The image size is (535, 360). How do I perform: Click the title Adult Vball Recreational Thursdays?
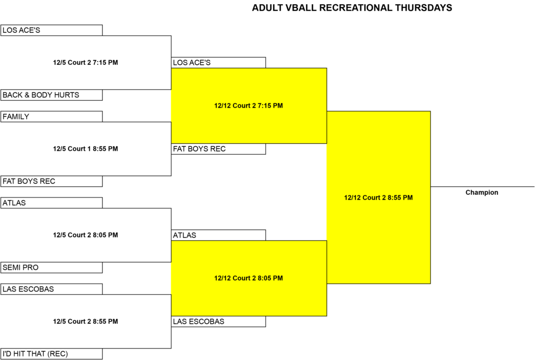pos(352,8)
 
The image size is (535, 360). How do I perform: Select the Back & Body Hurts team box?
pos(52,95)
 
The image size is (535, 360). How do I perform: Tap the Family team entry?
pos(52,117)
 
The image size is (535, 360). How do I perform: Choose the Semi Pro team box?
pos(52,268)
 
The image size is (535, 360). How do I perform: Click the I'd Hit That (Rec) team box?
pos(52,354)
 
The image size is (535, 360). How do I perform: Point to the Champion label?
pos(482,192)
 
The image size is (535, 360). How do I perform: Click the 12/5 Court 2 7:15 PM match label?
pos(85,63)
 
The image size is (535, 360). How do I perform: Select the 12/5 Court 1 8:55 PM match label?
pos(85,149)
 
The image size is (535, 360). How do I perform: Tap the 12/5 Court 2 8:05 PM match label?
pos(85,235)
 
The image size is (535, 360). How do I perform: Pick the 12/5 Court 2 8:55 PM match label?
pos(85,321)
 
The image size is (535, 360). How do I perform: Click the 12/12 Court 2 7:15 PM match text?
pos(248,106)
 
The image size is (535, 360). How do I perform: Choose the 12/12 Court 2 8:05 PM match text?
pos(248,278)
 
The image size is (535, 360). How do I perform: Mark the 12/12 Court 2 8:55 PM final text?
pos(378,198)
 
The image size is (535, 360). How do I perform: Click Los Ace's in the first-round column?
pos(52,30)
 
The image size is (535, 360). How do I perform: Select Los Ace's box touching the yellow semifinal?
pos(218,63)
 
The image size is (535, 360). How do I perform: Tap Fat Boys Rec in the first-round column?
pos(52,181)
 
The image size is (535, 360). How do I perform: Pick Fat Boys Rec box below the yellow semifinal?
pos(218,149)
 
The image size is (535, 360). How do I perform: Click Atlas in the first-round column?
pos(52,203)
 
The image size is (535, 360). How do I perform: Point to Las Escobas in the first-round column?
pos(52,289)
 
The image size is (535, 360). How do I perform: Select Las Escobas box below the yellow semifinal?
pos(218,321)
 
